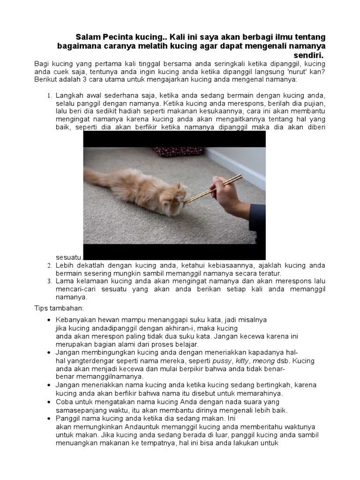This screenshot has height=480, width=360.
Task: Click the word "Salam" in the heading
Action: coord(88,37)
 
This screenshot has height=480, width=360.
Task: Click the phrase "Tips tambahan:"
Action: coord(55,308)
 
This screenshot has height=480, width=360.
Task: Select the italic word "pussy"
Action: coord(222,361)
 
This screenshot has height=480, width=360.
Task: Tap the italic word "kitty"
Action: coord(241,361)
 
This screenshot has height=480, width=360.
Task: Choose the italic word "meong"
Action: coord(264,361)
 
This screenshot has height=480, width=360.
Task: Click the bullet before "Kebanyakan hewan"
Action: coord(50,320)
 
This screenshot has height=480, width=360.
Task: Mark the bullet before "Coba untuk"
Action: coord(50,402)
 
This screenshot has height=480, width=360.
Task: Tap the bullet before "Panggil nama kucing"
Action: coord(50,418)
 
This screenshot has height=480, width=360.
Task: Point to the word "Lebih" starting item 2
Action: coord(64,265)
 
